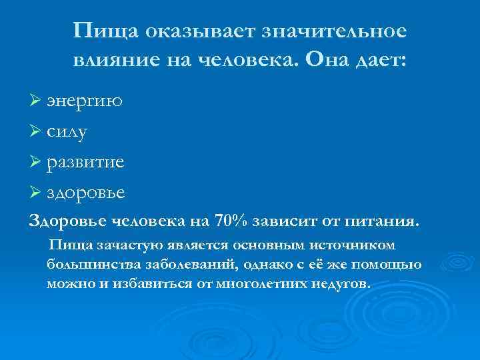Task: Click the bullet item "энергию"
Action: click(85, 103)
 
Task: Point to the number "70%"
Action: click(231, 221)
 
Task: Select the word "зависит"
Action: click(282, 221)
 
